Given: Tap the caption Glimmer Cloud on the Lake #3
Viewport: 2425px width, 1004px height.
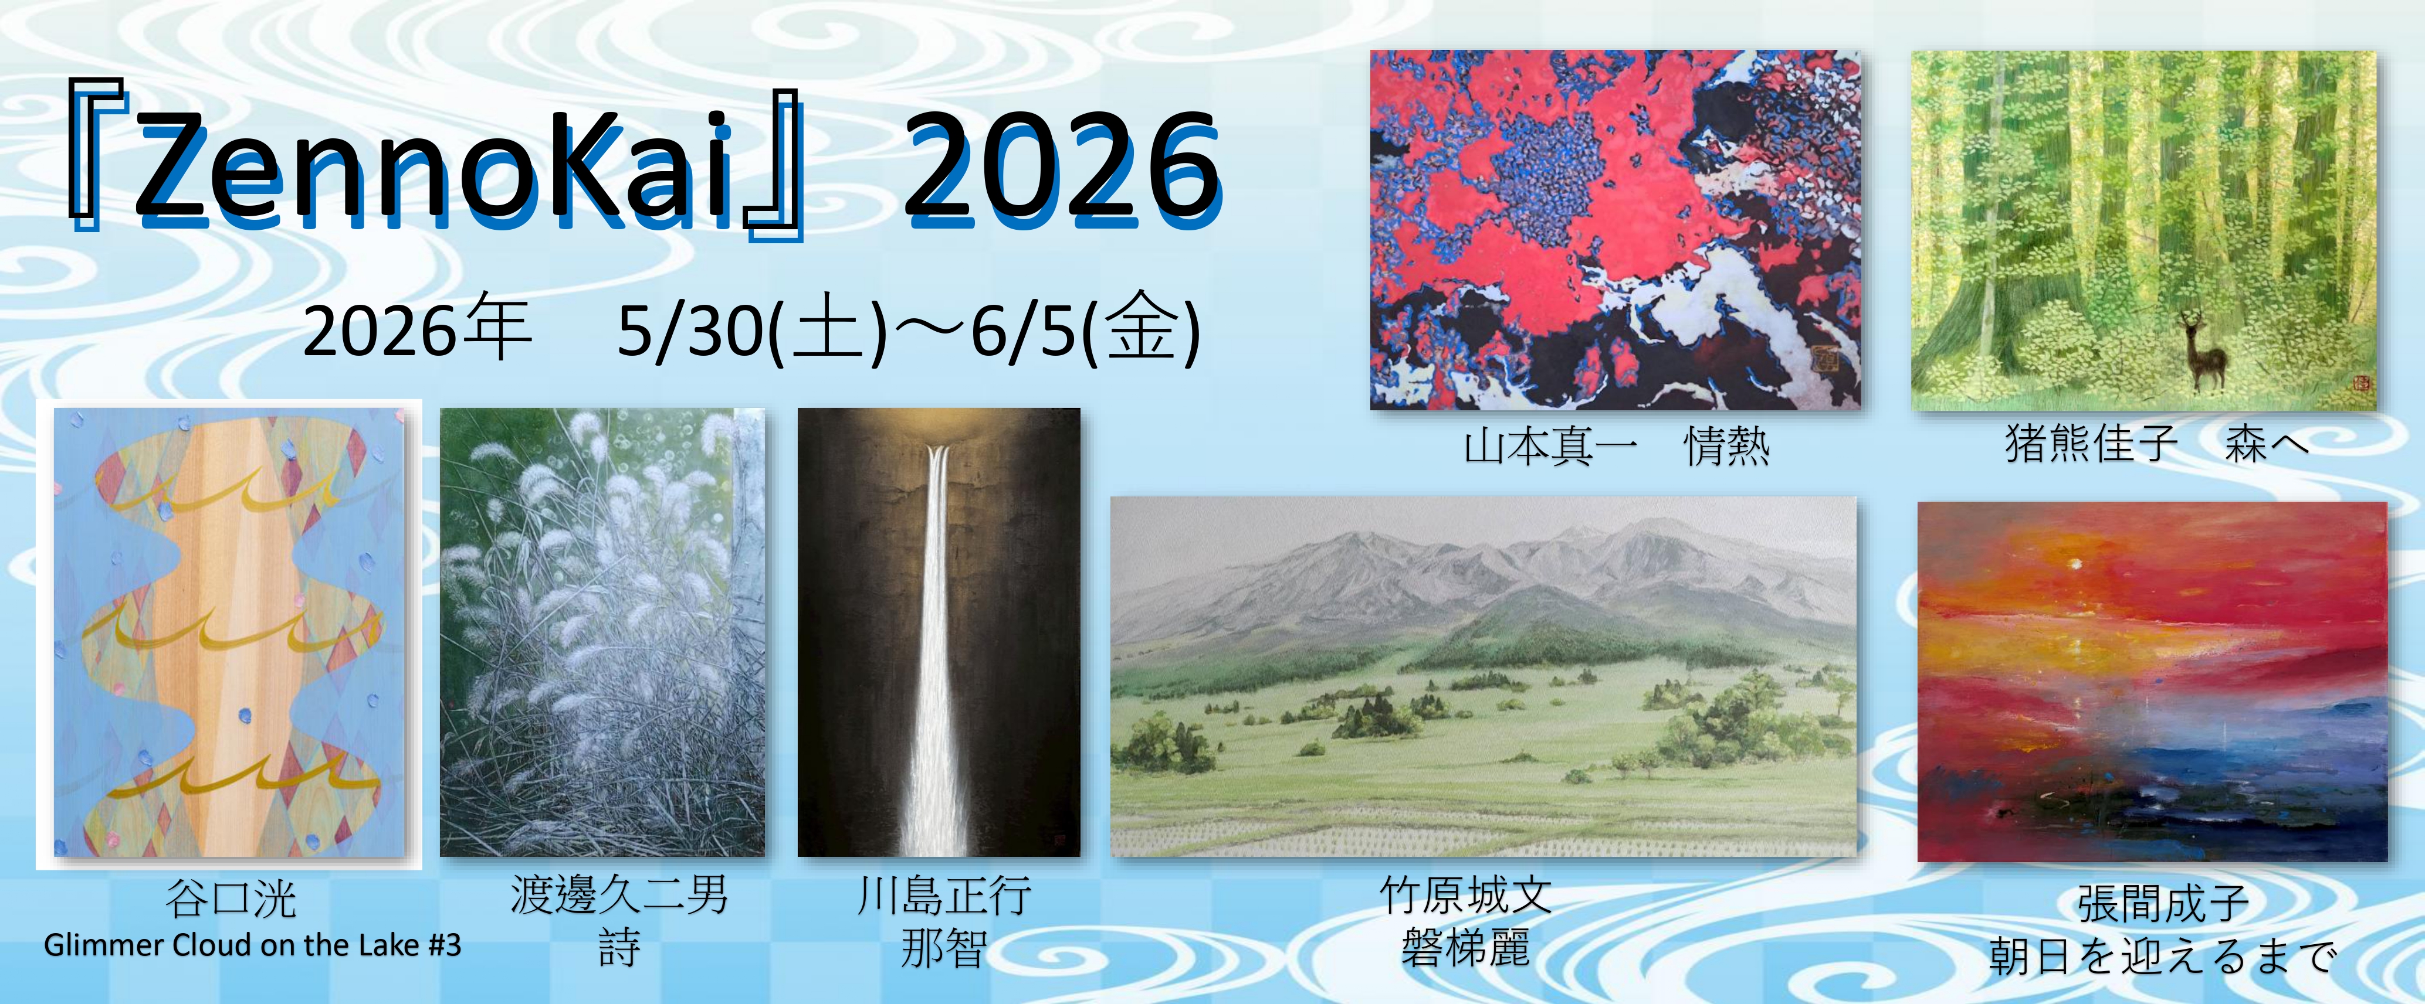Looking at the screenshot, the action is click(x=252, y=945).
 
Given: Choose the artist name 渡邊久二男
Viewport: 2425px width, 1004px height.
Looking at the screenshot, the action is click(x=619, y=895).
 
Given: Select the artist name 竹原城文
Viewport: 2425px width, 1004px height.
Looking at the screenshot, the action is click(x=1466, y=895).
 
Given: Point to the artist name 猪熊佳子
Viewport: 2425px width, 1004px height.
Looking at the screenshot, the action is click(x=2091, y=443).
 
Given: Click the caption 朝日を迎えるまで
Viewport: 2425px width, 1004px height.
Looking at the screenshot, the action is click(x=2162, y=956).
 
